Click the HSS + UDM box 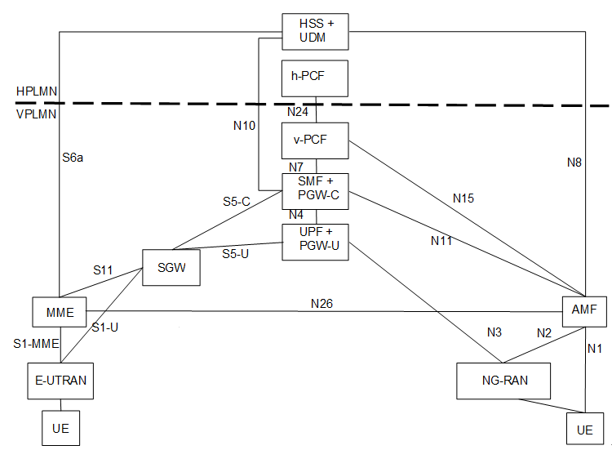(x=315, y=32)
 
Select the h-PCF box (x=315, y=78)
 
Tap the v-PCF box (x=315, y=140)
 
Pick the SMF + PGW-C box (x=315, y=191)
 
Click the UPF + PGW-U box (x=315, y=242)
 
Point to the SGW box (x=171, y=268)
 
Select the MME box (x=60, y=312)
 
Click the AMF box (x=584, y=311)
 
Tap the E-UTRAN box (x=60, y=381)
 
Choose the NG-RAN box (x=503, y=381)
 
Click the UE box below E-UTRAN (x=61, y=428)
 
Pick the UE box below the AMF (x=585, y=429)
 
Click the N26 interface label (x=322, y=304)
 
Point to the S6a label (x=73, y=158)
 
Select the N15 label (x=463, y=198)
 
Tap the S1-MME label (x=36, y=343)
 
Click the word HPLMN (x=37, y=91)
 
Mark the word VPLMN (x=36, y=114)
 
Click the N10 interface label (x=244, y=126)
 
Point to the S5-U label (x=235, y=254)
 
